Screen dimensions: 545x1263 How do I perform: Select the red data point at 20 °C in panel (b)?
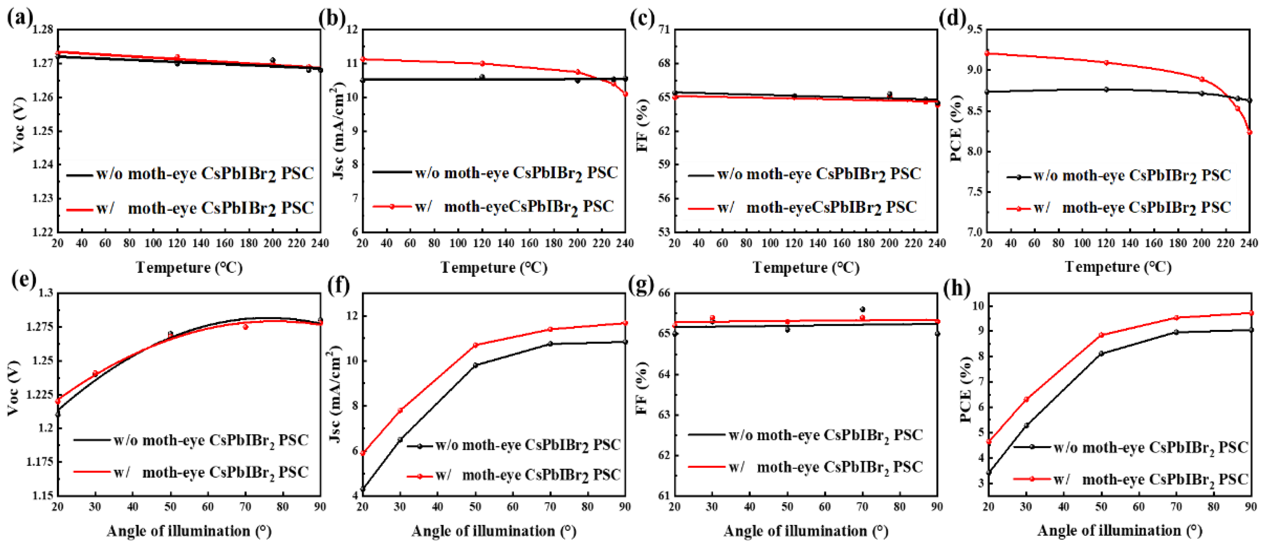coord(363,59)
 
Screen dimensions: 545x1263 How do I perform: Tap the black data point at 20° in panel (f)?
coord(363,489)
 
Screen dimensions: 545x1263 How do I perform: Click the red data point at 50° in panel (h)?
coord(1101,335)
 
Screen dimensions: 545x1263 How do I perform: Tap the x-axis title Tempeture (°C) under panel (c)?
coord(806,267)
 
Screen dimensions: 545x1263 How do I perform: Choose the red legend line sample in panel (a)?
coord(79,209)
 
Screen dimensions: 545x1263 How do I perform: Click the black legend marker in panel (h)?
coord(1032,446)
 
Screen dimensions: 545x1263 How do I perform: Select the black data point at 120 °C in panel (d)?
coord(1106,89)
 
